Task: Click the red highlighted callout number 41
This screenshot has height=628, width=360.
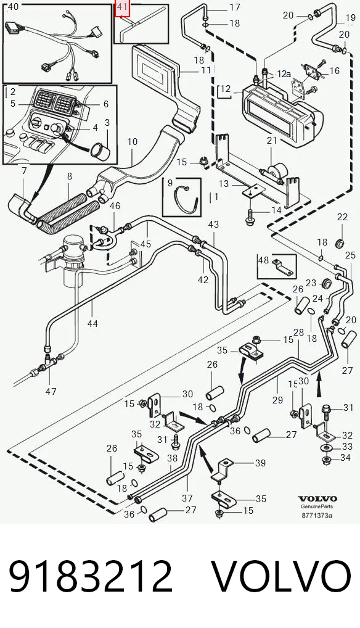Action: pyautogui.click(x=121, y=7)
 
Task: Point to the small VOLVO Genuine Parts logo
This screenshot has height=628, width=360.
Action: pyautogui.click(x=317, y=502)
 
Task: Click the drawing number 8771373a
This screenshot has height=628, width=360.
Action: pyautogui.click(x=317, y=515)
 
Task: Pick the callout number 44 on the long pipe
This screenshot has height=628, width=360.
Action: pyautogui.click(x=92, y=323)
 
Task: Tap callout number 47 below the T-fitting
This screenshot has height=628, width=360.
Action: pyautogui.click(x=51, y=391)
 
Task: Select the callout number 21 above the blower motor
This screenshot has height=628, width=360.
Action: pyautogui.click(x=272, y=141)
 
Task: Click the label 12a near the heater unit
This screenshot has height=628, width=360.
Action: pyautogui.click(x=284, y=74)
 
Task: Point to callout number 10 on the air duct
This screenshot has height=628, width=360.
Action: pyautogui.click(x=133, y=141)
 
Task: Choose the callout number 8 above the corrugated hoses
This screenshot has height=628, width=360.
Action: pyautogui.click(x=70, y=176)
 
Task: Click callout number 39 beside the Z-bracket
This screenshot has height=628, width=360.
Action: pyautogui.click(x=260, y=463)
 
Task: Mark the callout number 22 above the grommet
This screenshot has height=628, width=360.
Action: pyautogui.click(x=342, y=217)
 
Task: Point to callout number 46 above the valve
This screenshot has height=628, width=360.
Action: pyautogui.click(x=115, y=206)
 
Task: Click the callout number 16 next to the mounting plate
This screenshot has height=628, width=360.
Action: pyautogui.click(x=334, y=71)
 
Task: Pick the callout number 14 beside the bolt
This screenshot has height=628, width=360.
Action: pyautogui.click(x=276, y=210)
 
